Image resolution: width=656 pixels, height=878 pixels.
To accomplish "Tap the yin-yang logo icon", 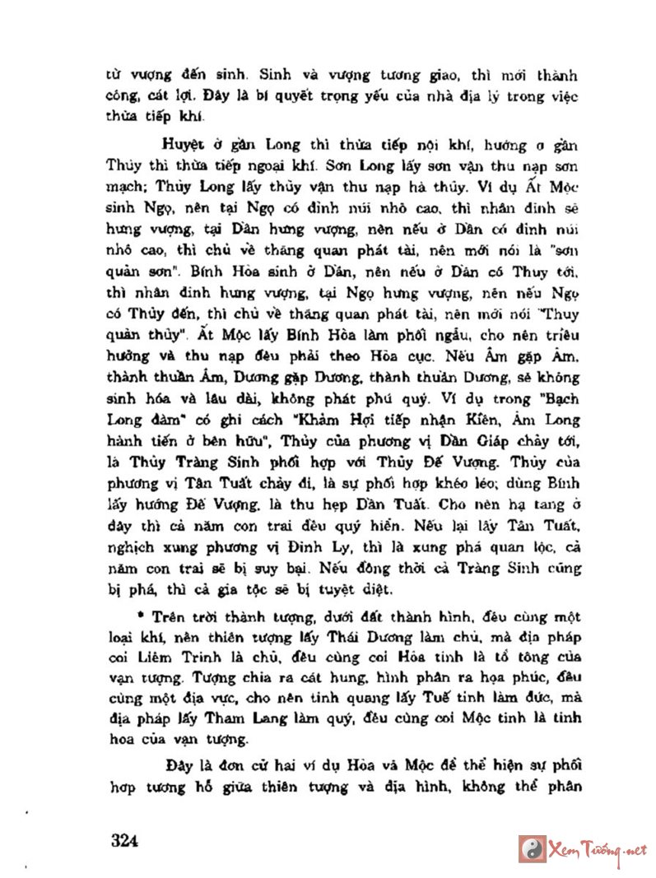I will tap(532, 848).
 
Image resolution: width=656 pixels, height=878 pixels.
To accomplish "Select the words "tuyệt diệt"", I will tap(346, 589).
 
